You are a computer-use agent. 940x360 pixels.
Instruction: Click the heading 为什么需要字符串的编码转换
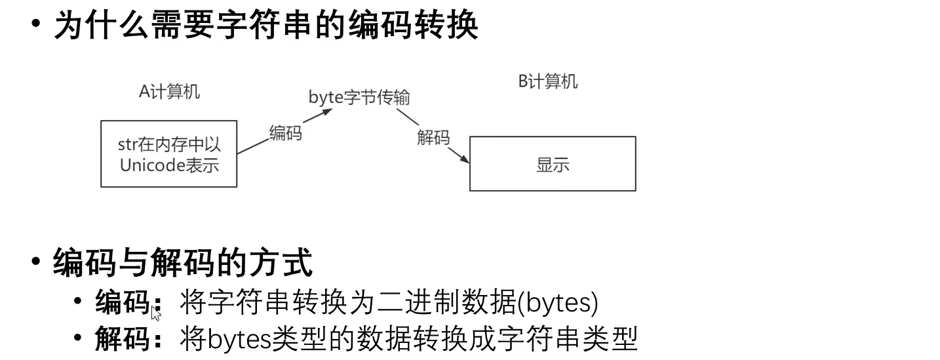point(265,26)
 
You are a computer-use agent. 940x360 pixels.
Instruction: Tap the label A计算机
point(169,92)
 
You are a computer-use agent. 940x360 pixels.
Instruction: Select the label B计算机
point(548,82)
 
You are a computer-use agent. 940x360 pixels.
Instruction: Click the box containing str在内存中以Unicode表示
point(168,153)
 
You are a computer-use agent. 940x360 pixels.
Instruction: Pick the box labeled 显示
point(553,164)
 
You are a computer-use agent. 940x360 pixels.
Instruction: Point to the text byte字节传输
point(359,97)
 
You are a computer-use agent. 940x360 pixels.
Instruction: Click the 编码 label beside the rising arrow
point(286,133)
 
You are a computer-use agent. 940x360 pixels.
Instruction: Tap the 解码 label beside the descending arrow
point(433,138)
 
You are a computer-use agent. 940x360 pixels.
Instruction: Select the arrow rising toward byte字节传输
point(282,132)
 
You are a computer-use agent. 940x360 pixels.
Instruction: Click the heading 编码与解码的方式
point(183,263)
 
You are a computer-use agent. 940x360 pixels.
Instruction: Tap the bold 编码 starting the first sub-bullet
point(123,302)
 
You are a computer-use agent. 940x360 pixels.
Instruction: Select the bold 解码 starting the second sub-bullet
point(123,340)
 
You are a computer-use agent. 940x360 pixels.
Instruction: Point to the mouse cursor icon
point(156,313)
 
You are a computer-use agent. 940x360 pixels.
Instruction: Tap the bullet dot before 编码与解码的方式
point(36,261)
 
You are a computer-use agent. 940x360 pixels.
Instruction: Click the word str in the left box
point(127,145)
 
